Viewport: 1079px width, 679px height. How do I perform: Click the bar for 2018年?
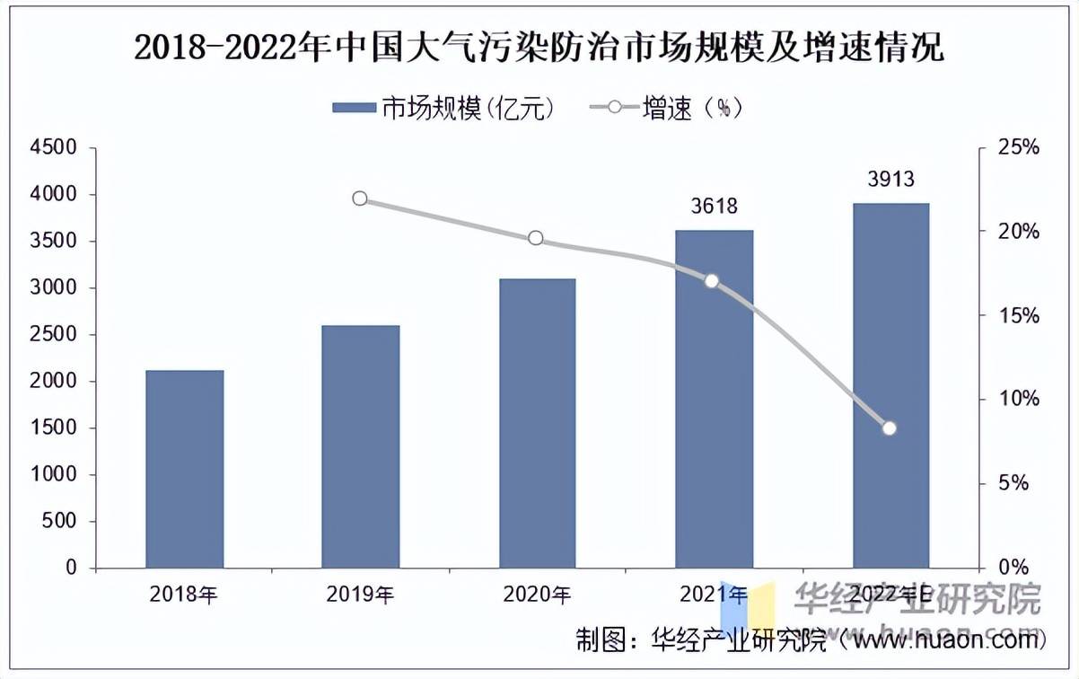click(x=184, y=469)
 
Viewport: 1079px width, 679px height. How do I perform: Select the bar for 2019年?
click(x=360, y=446)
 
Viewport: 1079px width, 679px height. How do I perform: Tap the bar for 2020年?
click(x=536, y=423)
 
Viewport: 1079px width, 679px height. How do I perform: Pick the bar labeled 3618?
click(x=714, y=399)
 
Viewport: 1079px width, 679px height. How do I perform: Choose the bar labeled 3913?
click(x=890, y=385)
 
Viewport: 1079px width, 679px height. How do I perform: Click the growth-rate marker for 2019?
click(x=360, y=198)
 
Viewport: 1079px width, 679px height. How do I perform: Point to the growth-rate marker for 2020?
click(x=536, y=238)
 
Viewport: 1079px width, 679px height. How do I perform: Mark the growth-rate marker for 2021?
click(x=712, y=281)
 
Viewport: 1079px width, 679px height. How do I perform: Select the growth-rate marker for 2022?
click(x=890, y=428)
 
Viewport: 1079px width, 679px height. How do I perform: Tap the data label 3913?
click(x=890, y=180)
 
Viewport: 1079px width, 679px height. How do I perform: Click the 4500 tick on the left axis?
click(x=53, y=147)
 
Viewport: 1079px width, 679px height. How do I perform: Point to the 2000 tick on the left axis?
click(x=53, y=382)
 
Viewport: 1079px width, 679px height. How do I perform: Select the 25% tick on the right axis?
click(x=1019, y=147)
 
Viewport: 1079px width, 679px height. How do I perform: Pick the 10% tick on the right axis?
click(x=1019, y=399)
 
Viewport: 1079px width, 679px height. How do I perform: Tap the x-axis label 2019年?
click(x=360, y=594)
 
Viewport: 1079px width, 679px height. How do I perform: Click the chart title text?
click(x=539, y=48)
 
